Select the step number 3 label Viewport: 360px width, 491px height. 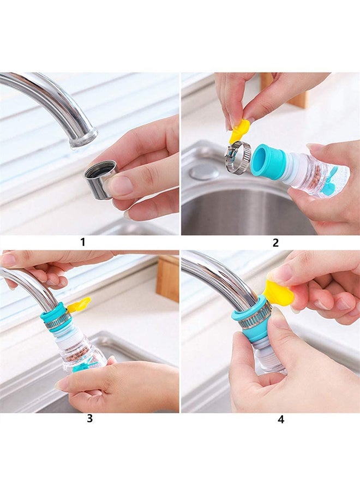(89, 419)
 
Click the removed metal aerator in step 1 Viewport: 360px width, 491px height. (100, 178)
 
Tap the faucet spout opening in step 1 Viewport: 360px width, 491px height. (83, 141)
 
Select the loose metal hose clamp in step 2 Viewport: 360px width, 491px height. (237, 157)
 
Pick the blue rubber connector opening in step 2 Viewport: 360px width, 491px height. (262, 160)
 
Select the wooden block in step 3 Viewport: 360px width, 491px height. (167, 278)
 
